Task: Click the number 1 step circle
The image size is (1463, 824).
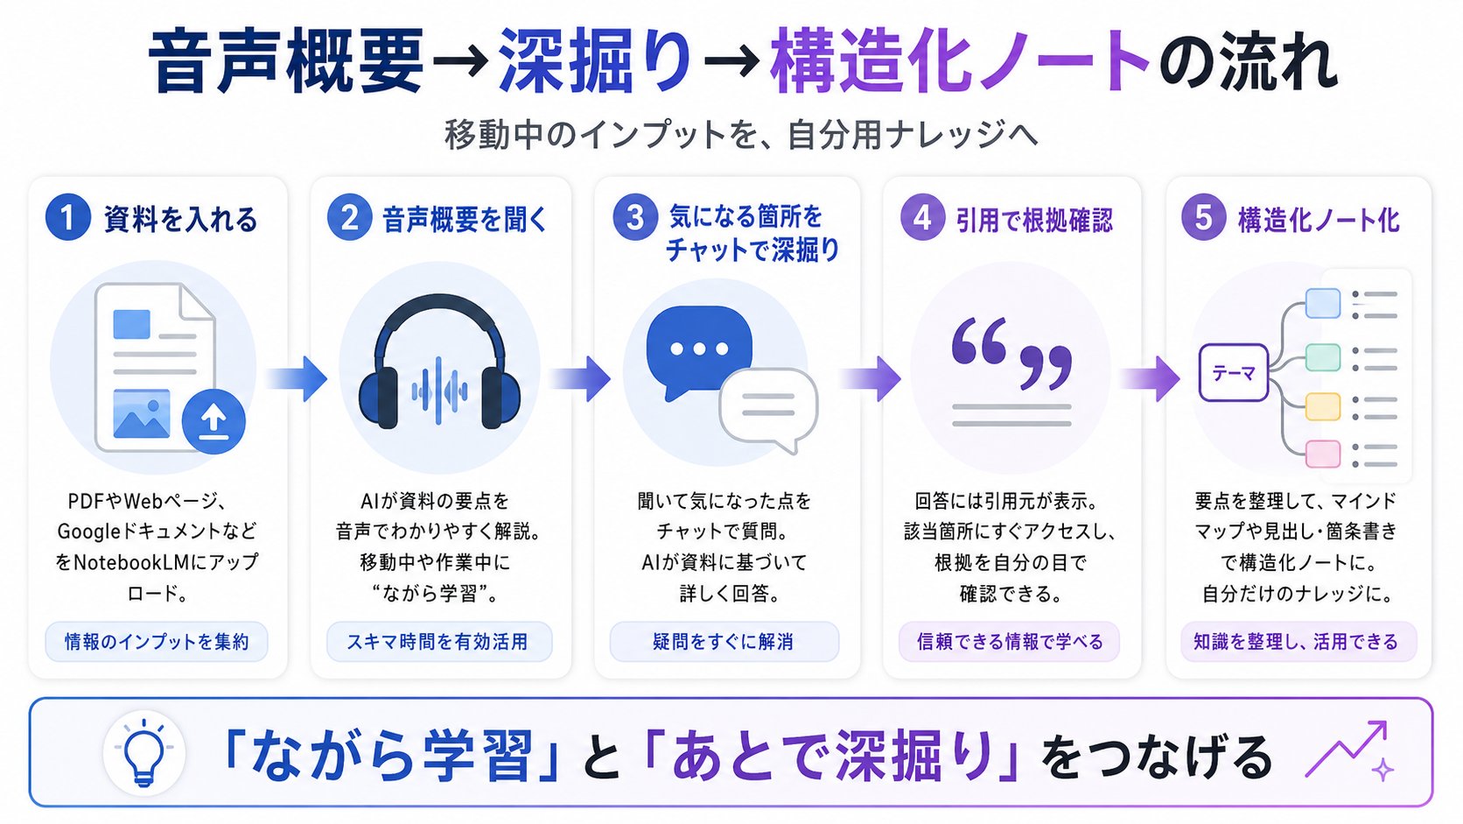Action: click(68, 218)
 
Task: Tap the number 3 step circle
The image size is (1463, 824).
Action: click(635, 217)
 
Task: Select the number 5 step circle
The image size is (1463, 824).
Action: click(1203, 217)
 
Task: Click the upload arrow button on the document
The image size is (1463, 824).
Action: click(213, 421)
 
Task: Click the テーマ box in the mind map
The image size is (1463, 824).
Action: click(1233, 372)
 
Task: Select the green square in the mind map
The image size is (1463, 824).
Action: click(1323, 357)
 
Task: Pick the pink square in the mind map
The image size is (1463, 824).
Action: click(1323, 454)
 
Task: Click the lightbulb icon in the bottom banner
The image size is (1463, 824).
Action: click(143, 753)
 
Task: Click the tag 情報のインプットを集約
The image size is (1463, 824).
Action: click(157, 642)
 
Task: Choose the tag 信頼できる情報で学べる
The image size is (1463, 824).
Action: click(1009, 642)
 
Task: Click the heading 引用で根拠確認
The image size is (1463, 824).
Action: click(1034, 220)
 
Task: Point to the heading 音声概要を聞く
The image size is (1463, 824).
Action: click(465, 220)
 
